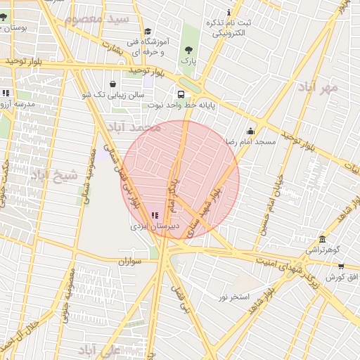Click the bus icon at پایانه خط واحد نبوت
[181, 94]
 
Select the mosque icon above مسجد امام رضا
[251, 131]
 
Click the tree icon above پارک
[188, 50]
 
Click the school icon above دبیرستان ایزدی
[155, 216]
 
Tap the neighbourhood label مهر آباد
[318, 88]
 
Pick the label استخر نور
[233, 297]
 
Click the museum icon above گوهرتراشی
[322, 239]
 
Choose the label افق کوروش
[341, 277]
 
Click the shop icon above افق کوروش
[341, 266]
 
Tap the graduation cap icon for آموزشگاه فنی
[148, 31]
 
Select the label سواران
[130, 262]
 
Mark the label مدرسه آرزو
[15, 103]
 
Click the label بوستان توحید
[15, 27]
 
